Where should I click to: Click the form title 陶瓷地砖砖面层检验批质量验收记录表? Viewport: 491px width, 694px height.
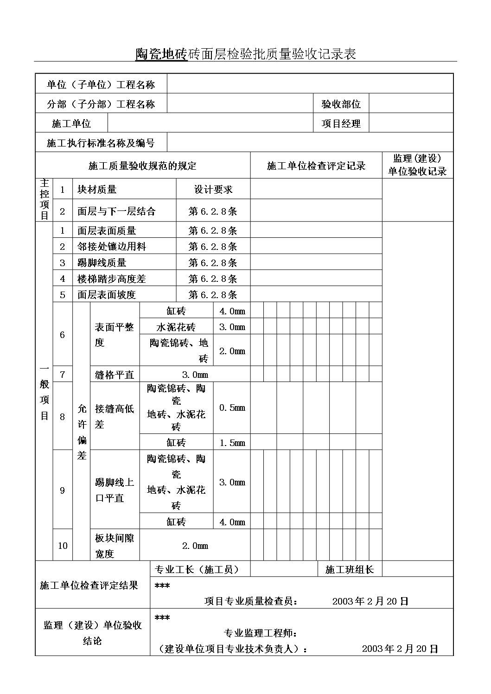coord(245,54)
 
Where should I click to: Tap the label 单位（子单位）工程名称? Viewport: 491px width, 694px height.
coord(101,84)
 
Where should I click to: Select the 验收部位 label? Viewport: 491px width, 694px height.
coord(341,104)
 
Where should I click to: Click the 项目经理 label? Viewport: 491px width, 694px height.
coord(341,124)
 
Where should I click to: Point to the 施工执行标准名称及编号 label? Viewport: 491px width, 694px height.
coord(101,143)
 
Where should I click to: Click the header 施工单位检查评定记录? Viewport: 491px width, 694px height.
coord(316,166)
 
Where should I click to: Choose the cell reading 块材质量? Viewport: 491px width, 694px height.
coord(97,190)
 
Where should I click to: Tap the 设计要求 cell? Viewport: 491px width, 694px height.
coord(213,190)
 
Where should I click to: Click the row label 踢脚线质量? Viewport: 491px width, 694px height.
coord(102,263)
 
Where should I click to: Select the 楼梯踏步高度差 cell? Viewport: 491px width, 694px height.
coord(111,279)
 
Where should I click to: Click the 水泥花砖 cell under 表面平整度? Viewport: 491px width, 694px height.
coord(176,327)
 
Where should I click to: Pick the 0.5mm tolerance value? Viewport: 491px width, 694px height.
coord(232,408)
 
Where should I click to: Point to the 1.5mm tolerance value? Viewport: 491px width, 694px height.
coord(232,443)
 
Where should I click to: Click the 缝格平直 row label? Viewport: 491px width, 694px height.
coord(115,375)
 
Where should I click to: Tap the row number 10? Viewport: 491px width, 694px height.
coord(63,546)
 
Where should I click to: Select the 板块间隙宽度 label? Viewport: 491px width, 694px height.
coord(115,546)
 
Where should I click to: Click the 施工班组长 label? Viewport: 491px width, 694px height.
coord(350,570)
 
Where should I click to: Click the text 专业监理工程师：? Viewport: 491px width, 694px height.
coord(261,633)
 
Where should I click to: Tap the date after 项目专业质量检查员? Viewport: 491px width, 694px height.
coord(370,601)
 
